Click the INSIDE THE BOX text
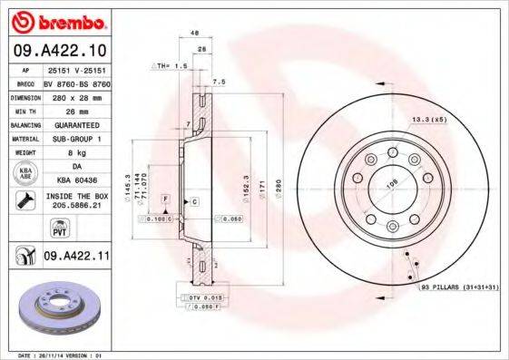click(76, 196)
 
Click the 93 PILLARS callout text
click(459, 287)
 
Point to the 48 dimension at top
click(194, 34)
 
